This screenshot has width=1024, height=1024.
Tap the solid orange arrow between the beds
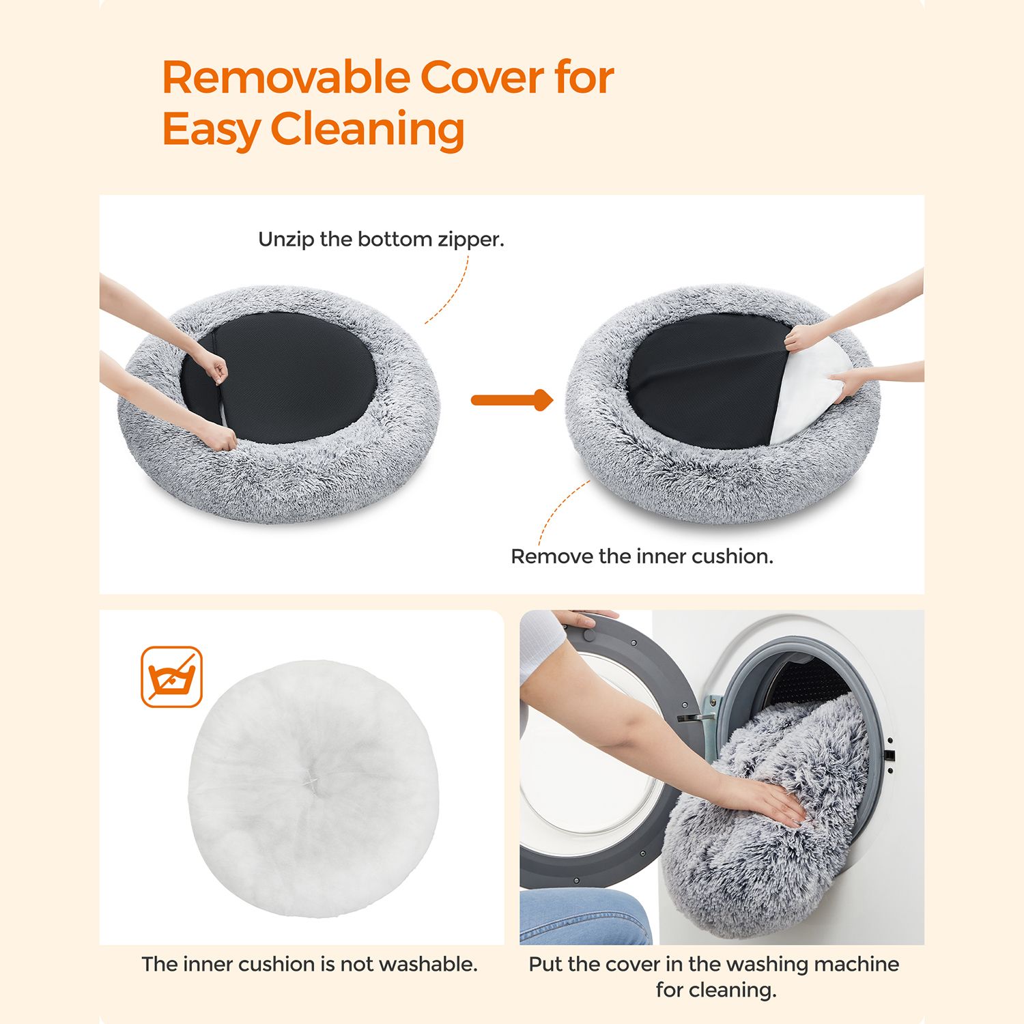512,400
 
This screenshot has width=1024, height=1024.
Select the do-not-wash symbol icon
171,677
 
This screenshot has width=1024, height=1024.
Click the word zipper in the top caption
470,240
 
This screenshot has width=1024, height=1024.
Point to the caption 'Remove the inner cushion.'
642,556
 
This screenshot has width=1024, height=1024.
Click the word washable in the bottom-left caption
428,964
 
